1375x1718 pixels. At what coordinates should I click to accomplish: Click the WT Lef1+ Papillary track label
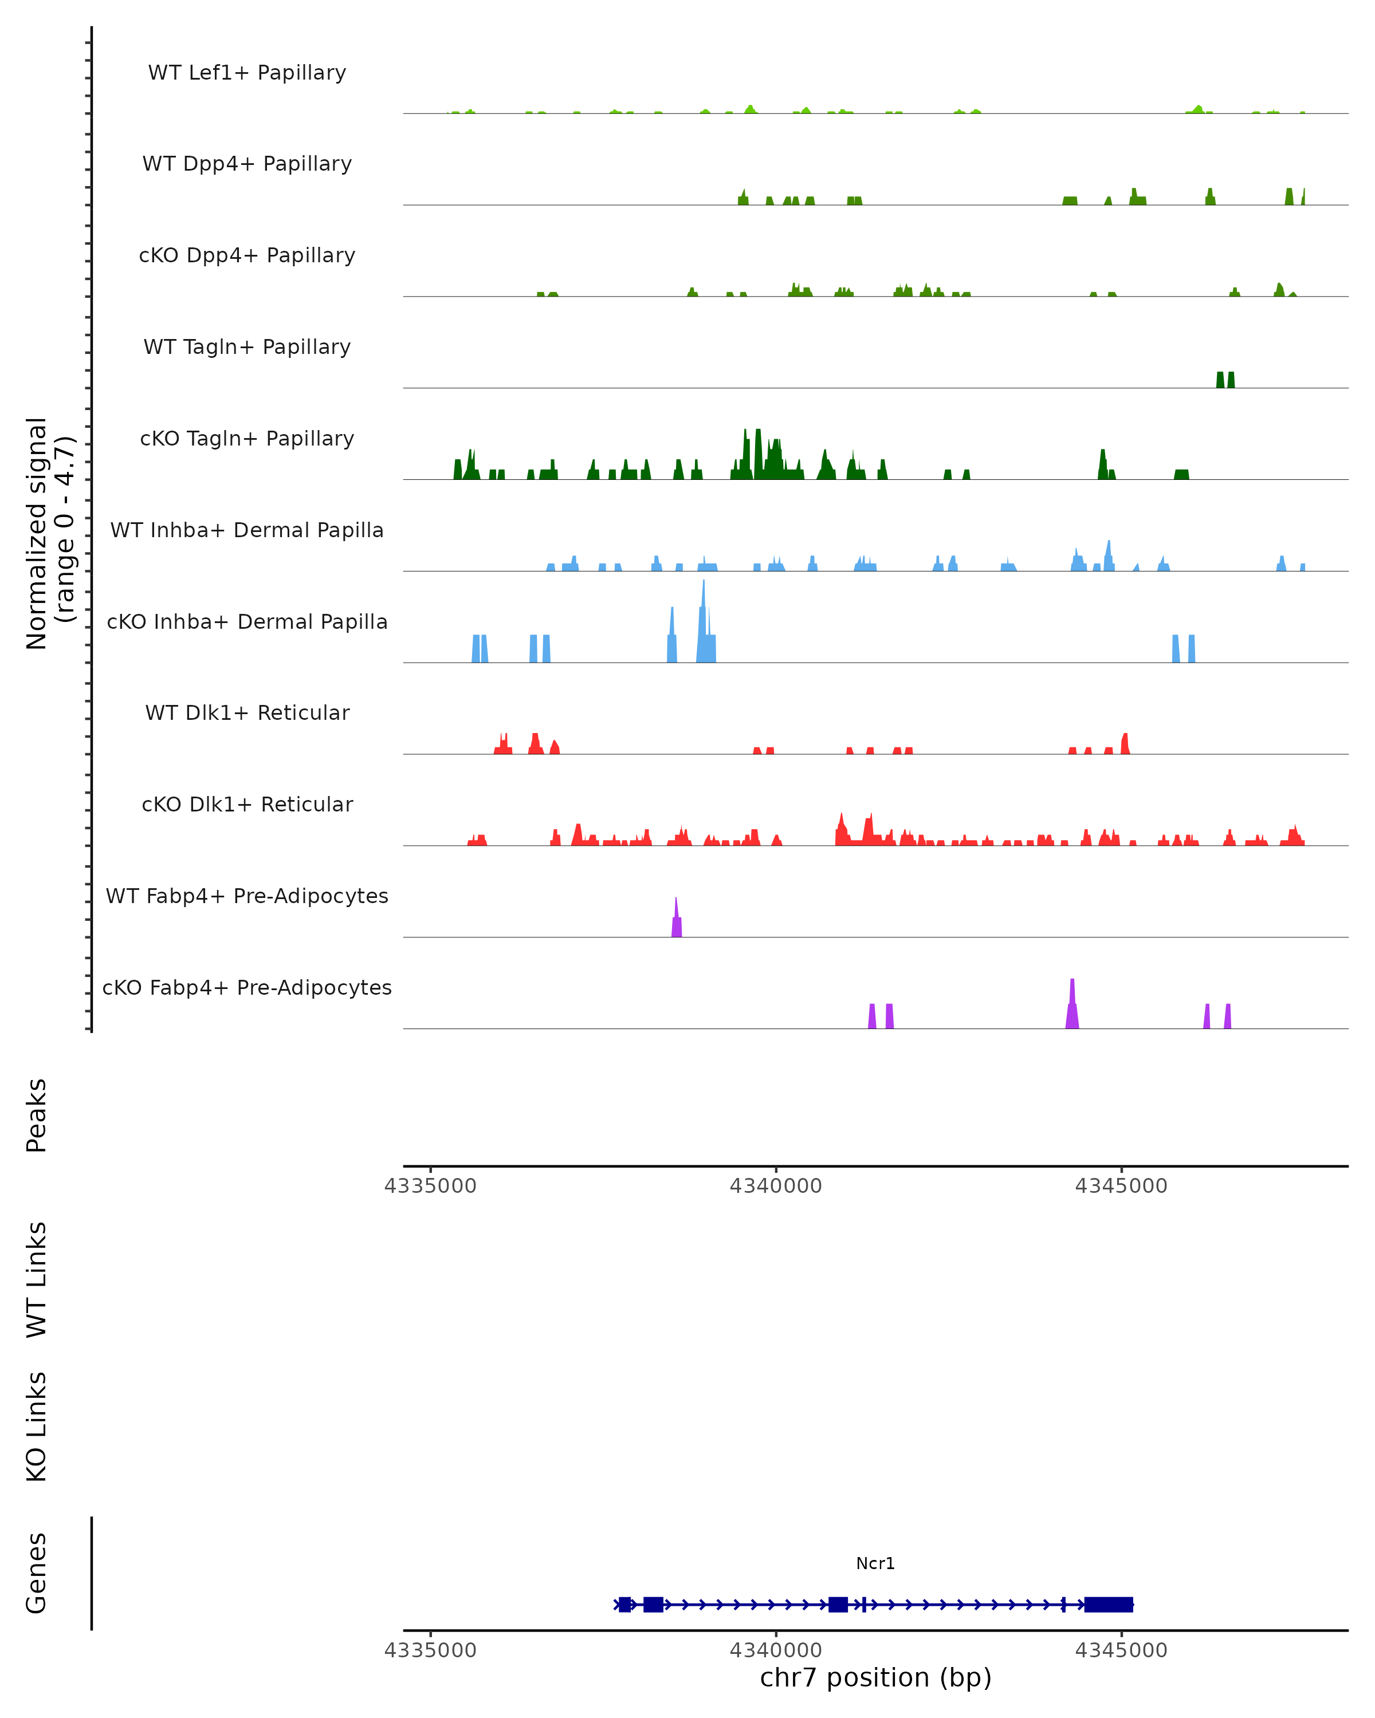tap(247, 73)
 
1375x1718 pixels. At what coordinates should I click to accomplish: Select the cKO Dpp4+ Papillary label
tap(247, 256)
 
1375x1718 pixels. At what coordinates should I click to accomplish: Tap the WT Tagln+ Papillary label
tap(247, 348)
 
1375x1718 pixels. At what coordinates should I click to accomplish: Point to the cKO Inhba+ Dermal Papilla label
tap(247, 622)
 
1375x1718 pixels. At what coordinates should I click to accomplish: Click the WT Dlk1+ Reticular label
tap(247, 713)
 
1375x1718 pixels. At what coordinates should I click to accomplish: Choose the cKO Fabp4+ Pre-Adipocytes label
tap(247, 988)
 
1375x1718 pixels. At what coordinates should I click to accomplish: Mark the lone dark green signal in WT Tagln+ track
tap(1225, 380)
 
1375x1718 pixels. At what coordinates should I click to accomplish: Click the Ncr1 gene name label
tap(875, 1563)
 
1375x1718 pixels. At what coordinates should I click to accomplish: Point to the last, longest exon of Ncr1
tap(1108, 1604)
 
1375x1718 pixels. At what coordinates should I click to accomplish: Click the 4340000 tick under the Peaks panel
tap(776, 1186)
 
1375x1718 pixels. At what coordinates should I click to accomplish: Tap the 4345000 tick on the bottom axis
tap(1121, 1650)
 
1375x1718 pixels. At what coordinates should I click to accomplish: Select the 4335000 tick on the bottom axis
tap(430, 1650)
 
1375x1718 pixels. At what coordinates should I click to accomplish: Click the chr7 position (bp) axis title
tap(875, 1678)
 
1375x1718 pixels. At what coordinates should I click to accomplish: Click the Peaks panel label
tap(37, 1116)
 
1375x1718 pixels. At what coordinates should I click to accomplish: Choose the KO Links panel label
tap(37, 1427)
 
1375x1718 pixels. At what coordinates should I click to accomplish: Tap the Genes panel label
tap(37, 1573)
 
